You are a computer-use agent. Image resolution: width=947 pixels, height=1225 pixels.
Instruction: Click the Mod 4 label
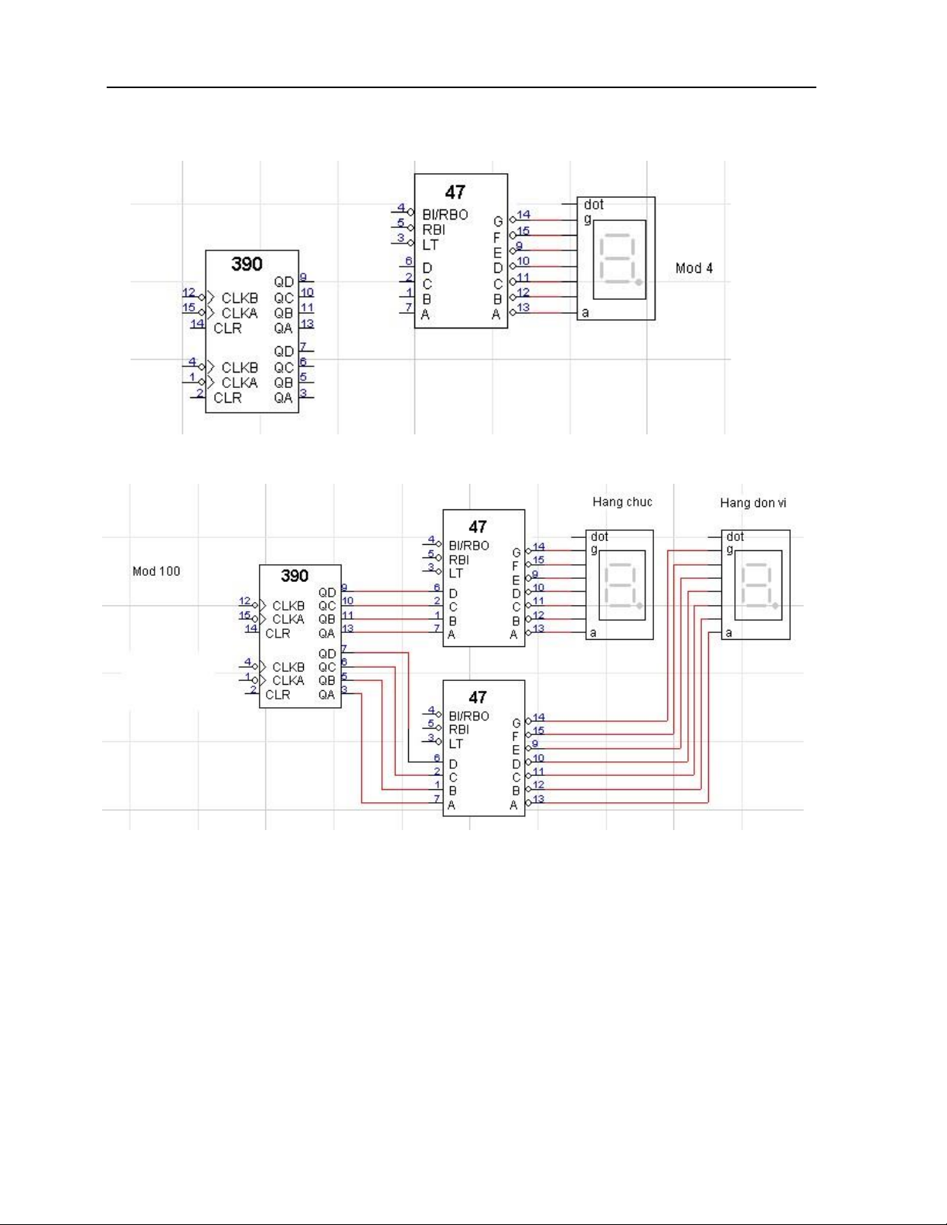point(694,268)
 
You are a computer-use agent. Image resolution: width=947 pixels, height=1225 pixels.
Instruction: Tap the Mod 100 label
point(156,571)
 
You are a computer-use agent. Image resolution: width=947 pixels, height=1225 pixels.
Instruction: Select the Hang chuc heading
point(622,502)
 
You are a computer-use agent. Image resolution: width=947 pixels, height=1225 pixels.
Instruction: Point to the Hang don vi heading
point(753,503)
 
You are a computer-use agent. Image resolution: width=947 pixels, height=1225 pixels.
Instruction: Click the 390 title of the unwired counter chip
point(247,264)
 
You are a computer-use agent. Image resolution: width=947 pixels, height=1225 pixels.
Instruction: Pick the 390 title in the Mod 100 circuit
point(295,576)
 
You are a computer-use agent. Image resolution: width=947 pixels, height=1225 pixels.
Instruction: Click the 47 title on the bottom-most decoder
point(478,697)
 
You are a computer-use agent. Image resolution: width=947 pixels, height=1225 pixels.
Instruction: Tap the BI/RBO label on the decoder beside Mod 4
point(445,215)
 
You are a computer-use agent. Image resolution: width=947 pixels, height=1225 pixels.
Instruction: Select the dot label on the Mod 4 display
point(594,204)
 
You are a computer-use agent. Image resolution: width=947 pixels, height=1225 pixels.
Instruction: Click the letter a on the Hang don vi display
point(729,633)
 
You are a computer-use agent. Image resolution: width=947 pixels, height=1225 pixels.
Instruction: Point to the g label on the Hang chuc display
point(594,550)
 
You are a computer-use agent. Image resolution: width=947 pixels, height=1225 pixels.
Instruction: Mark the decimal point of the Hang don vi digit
point(775,606)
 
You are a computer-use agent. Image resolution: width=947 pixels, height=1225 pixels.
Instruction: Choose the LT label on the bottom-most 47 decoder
point(455,744)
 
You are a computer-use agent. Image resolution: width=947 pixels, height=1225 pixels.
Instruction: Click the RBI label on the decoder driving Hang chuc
point(459,560)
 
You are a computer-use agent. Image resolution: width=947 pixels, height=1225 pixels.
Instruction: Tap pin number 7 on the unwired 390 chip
point(303,346)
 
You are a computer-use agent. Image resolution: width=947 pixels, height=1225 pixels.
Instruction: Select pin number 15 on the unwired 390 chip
point(189,308)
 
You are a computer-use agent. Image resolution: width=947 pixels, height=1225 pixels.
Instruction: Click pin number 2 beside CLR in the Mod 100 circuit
point(254,689)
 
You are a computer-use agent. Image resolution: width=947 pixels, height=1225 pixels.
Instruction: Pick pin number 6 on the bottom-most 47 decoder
point(437,758)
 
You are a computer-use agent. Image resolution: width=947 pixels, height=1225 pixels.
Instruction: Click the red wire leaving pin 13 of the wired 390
point(392,632)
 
